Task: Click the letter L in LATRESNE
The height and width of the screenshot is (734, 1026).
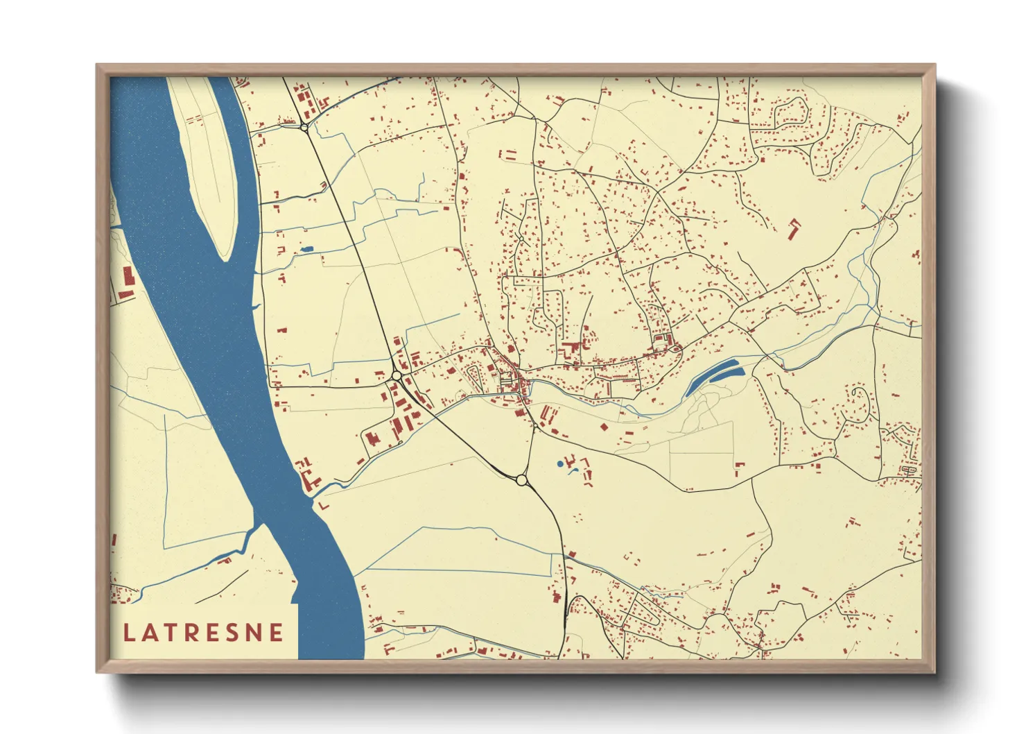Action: [x=129, y=633]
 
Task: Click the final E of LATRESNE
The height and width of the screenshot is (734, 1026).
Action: [x=277, y=633]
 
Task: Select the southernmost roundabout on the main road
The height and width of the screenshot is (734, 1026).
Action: [x=521, y=479]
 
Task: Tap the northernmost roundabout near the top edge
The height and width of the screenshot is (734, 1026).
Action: [x=304, y=127]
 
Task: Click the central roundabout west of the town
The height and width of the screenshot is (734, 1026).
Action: [x=397, y=375]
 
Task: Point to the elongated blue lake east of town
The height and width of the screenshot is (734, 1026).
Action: [x=714, y=376]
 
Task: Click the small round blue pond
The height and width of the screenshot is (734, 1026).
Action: [x=560, y=463]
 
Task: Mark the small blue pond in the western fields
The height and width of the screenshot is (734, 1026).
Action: [x=307, y=248]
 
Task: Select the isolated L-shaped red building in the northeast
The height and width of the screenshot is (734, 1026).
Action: [x=793, y=228]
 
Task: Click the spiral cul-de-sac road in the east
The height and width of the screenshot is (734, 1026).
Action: [x=860, y=402]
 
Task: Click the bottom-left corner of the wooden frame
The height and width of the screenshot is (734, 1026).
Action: [x=98, y=671]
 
